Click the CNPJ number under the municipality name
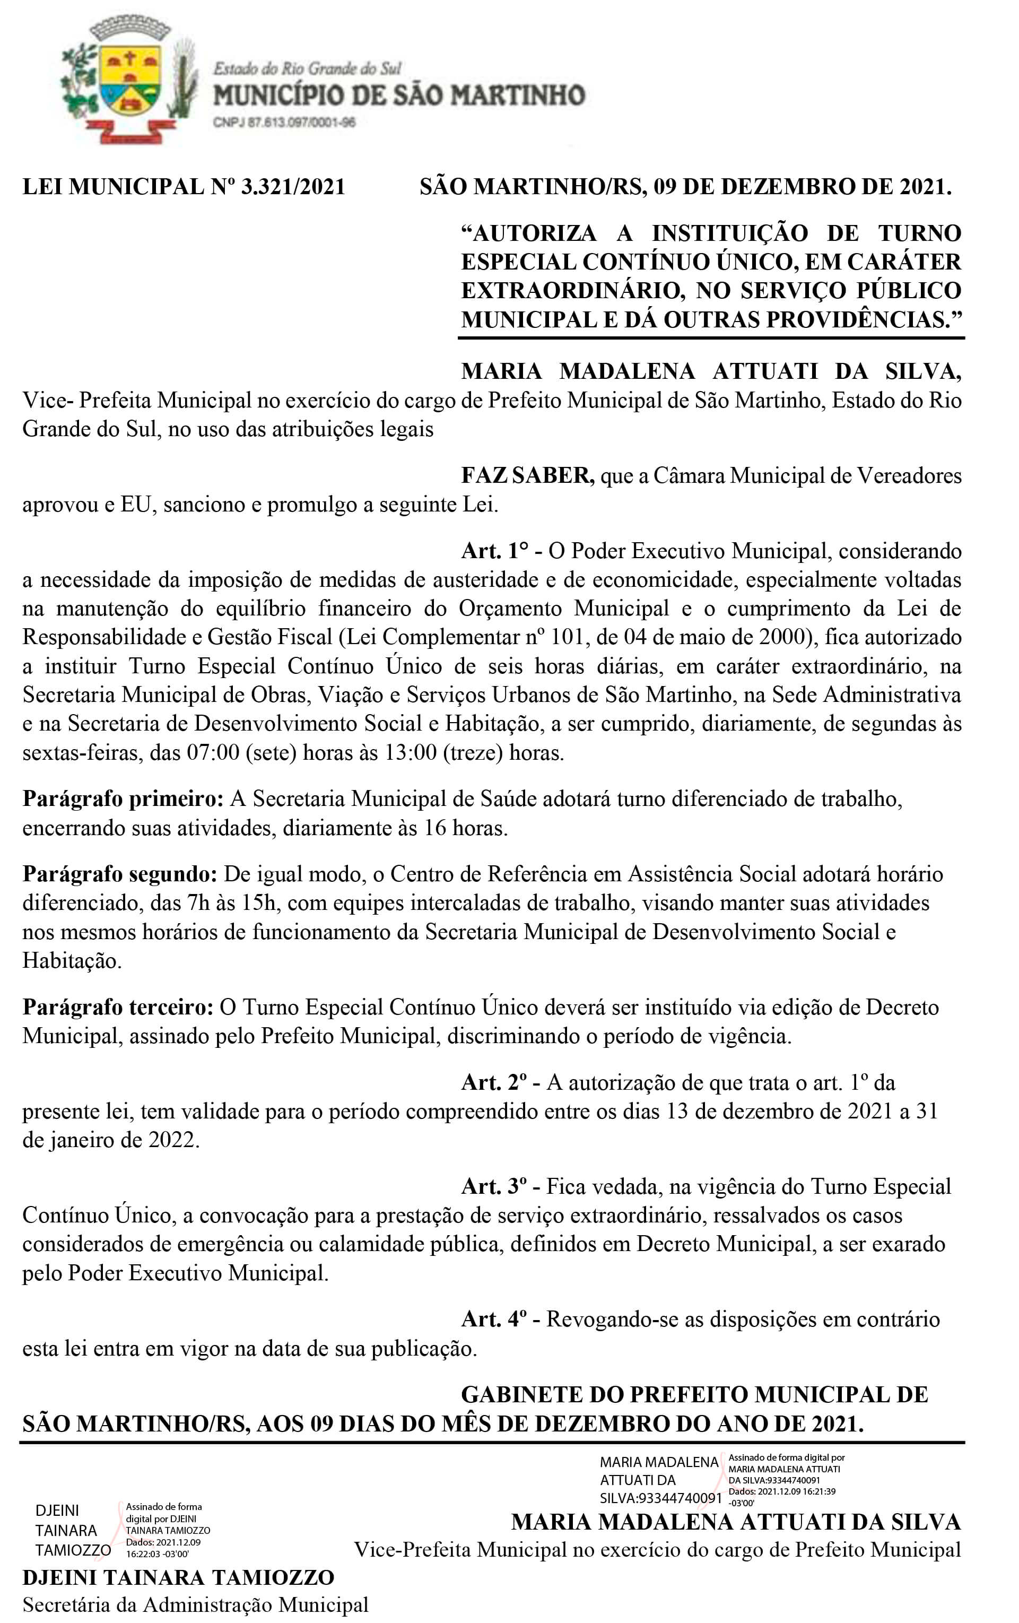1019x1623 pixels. [284, 123]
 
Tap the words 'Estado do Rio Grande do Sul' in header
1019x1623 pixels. [307, 68]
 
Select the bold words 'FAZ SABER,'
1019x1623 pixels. [527, 476]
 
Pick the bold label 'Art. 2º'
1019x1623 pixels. [493, 1082]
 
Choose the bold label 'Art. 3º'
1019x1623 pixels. [493, 1186]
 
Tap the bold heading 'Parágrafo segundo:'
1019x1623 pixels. [120, 874]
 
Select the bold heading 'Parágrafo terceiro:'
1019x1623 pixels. [118, 1007]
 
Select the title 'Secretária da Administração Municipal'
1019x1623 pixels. [195, 1605]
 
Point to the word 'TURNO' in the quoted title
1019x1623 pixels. [919, 233]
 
